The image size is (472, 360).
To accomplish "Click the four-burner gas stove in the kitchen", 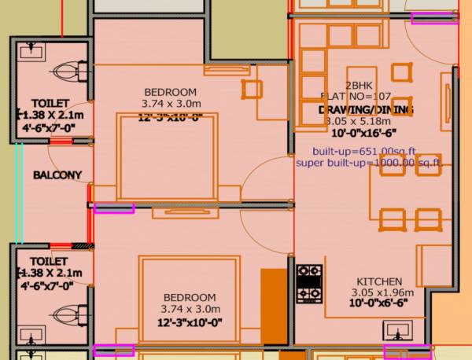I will (309, 284).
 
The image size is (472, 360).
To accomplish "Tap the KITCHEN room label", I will (379, 281).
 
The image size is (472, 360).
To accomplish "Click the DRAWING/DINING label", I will (367, 109).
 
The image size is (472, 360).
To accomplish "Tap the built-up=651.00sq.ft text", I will (364, 150).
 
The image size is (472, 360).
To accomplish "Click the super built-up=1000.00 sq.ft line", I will (368, 163).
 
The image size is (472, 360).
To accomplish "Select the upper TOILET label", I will (50, 104).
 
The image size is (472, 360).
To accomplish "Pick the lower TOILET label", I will (50, 261).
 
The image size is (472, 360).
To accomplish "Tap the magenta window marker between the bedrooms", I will (114, 208).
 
